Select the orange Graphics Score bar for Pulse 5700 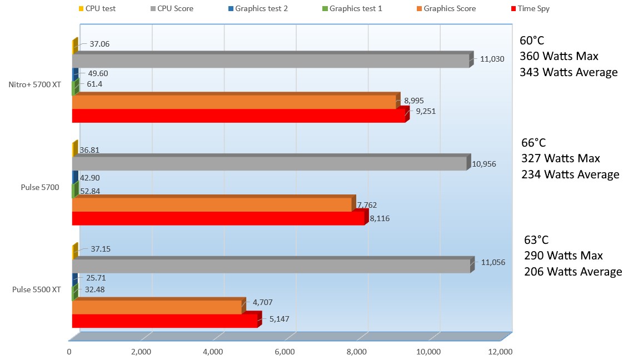(212, 205)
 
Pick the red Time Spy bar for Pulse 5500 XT (165, 321)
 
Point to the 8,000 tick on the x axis (357, 352)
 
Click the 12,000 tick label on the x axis (500, 352)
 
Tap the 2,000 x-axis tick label (141, 352)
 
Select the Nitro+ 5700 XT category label (35, 84)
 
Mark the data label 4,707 (262, 303)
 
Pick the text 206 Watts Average (573, 272)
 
